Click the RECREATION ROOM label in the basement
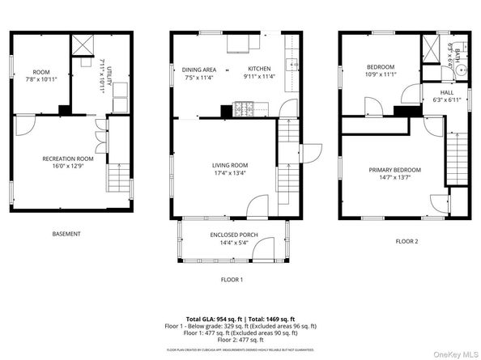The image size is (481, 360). coord(68,159)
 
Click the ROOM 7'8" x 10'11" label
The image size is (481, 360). coord(40,75)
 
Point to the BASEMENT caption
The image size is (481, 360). coord(66,234)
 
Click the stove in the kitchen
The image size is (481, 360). coord(245,106)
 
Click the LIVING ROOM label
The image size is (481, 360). coord(230,168)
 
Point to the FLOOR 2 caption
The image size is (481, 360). coord(407,241)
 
